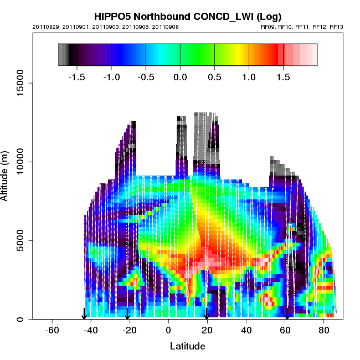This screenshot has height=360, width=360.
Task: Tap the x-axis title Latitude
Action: (x=187, y=346)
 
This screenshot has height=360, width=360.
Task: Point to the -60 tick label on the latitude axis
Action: (x=52, y=331)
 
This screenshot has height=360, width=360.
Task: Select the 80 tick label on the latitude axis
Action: (x=324, y=331)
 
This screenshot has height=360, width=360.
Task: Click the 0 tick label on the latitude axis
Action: (x=168, y=331)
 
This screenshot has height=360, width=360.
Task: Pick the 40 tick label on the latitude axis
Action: (x=246, y=331)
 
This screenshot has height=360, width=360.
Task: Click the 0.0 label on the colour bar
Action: (x=180, y=77)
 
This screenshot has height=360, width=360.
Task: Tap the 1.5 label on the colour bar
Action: (x=283, y=77)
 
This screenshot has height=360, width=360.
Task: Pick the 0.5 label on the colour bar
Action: (x=214, y=77)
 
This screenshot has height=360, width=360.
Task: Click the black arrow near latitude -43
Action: (x=84, y=314)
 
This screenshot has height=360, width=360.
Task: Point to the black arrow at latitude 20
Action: (x=207, y=314)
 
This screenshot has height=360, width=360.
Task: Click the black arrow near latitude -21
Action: (x=127, y=314)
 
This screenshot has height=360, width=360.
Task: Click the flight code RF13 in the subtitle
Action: (x=337, y=27)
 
